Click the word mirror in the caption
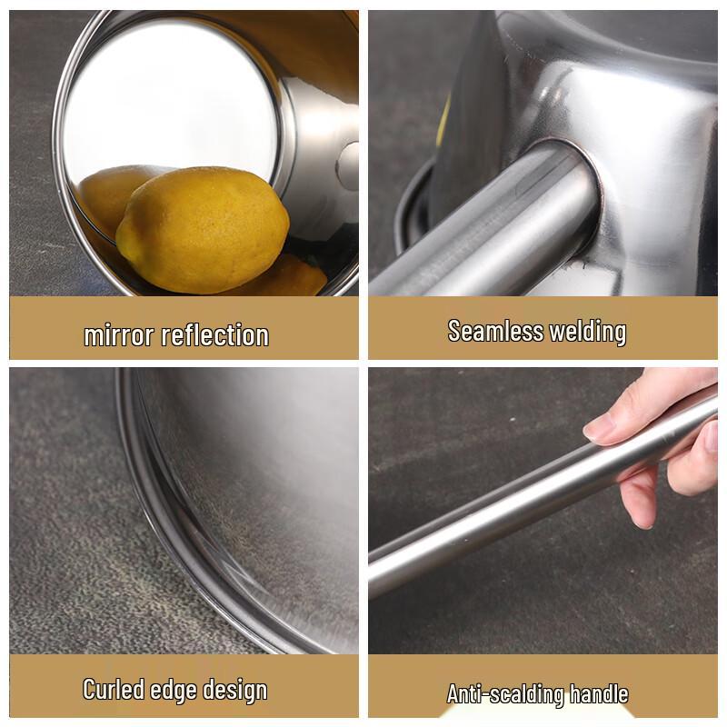tap(119, 335)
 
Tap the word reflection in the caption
tap(214, 335)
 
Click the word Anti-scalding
tap(503, 694)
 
